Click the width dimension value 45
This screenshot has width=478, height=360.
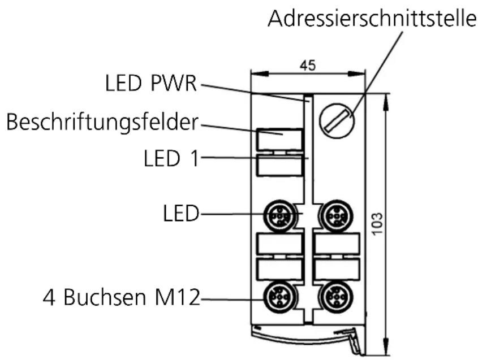pos(308,65)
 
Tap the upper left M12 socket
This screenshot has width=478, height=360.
pos(279,214)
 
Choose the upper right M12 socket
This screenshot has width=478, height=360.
pos(337,214)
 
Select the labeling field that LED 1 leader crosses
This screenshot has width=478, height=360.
pos(279,166)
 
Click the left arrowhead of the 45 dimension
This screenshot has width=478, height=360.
pos(255,73)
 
